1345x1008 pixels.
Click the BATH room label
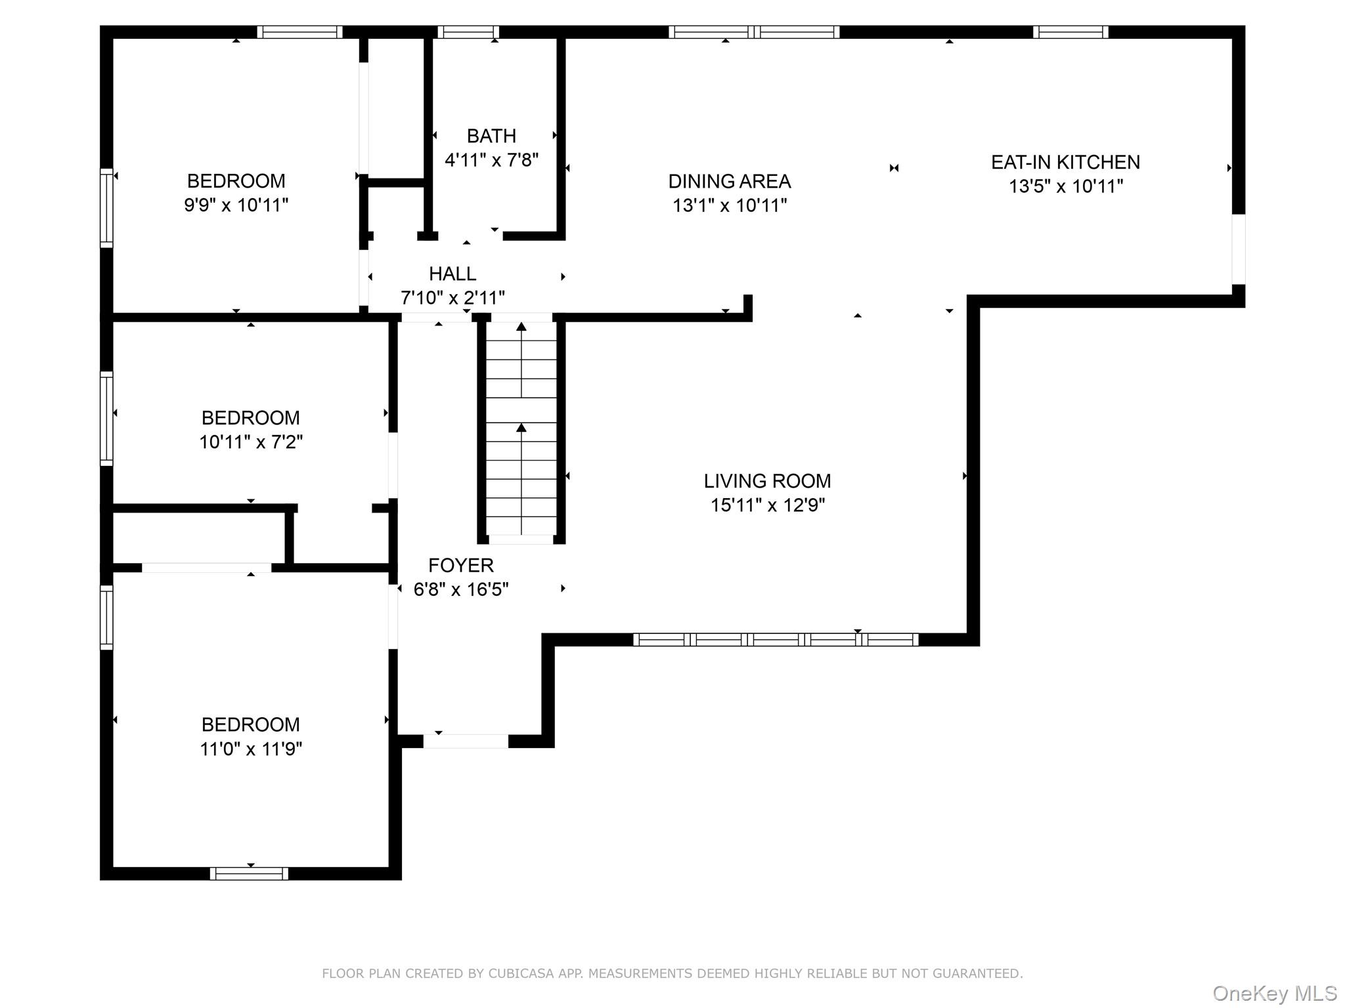[491, 136]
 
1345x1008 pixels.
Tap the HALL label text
[452, 274]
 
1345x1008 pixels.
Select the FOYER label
[461, 565]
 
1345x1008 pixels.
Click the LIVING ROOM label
[767, 481]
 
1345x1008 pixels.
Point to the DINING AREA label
[730, 181]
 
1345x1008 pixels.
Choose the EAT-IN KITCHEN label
[1065, 162]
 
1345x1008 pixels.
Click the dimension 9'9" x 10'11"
[236, 205]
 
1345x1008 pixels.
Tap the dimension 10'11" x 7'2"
[251, 442]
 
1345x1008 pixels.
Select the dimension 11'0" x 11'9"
[251, 749]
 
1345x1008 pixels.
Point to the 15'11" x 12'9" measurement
[768, 505]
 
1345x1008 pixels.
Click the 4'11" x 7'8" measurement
[491, 160]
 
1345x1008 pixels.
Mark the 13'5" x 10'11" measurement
[1066, 186]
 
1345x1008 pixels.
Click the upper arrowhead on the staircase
[521, 326]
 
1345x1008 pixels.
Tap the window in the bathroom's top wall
[468, 32]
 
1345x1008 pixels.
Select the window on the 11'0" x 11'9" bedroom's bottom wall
[249, 873]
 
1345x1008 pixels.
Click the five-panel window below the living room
[776, 639]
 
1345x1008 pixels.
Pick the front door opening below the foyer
[466, 742]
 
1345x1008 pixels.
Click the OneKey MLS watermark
[1274, 994]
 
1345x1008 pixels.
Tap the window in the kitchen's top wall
[1070, 32]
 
